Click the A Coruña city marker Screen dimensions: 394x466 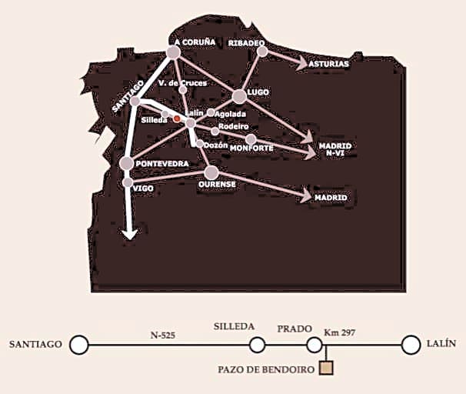pyautogui.click(x=173, y=52)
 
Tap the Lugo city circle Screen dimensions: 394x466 pyautogui.click(x=239, y=96)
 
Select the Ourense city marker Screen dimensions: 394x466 pyautogui.click(x=211, y=172)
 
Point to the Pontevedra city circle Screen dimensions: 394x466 pyautogui.click(x=127, y=163)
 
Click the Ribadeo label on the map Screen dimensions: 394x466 pyautogui.click(x=246, y=43)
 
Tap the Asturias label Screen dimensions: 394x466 pyautogui.click(x=329, y=64)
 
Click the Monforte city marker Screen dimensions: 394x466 pyautogui.click(x=251, y=139)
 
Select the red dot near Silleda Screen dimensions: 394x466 pyautogui.click(x=177, y=119)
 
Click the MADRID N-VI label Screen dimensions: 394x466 pyautogui.click(x=335, y=149)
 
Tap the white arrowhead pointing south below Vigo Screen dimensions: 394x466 pyautogui.click(x=130, y=233)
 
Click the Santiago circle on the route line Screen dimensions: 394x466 pyautogui.click(x=78, y=345)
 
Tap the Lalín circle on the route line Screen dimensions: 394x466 pyautogui.click(x=411, y=345)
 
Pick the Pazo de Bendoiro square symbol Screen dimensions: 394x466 pyautogui.click(x=327, y=369)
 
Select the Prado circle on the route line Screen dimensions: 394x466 pyautogui.click(x=314, y=345)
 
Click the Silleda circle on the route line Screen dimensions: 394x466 pyautogui.click(x=258, y=345)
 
